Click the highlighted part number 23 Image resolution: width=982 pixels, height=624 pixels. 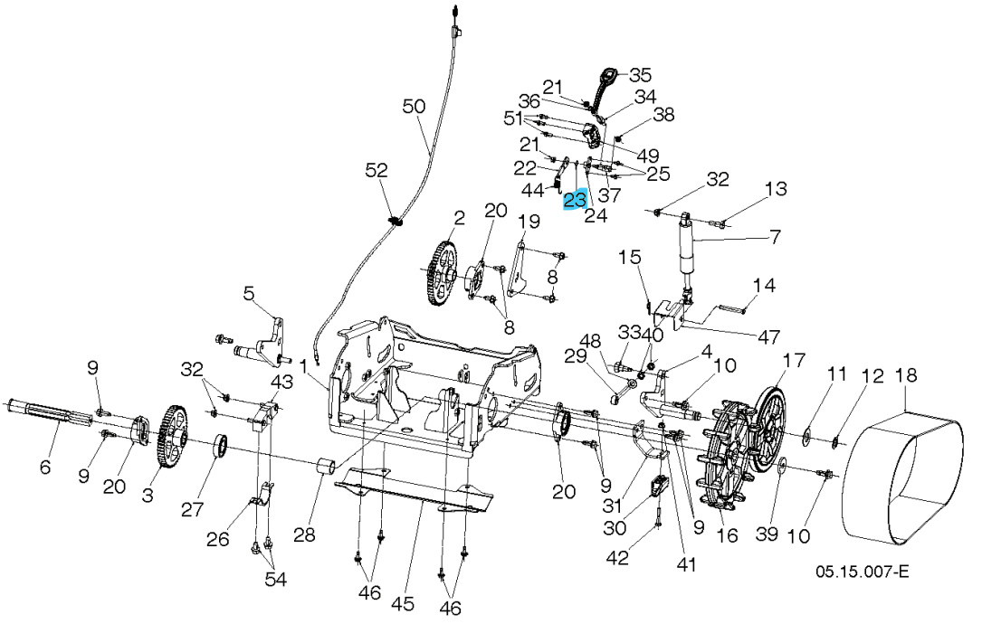pos(575,200)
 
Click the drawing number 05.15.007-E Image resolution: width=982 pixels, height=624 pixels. pos(862,572)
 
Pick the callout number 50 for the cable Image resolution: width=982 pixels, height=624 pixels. pos(414,107)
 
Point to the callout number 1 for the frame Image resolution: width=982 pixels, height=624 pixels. pos(304,364)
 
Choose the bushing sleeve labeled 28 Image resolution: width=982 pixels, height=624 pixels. pos(326,469)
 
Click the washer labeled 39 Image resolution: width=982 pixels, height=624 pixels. pos(781,468)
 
